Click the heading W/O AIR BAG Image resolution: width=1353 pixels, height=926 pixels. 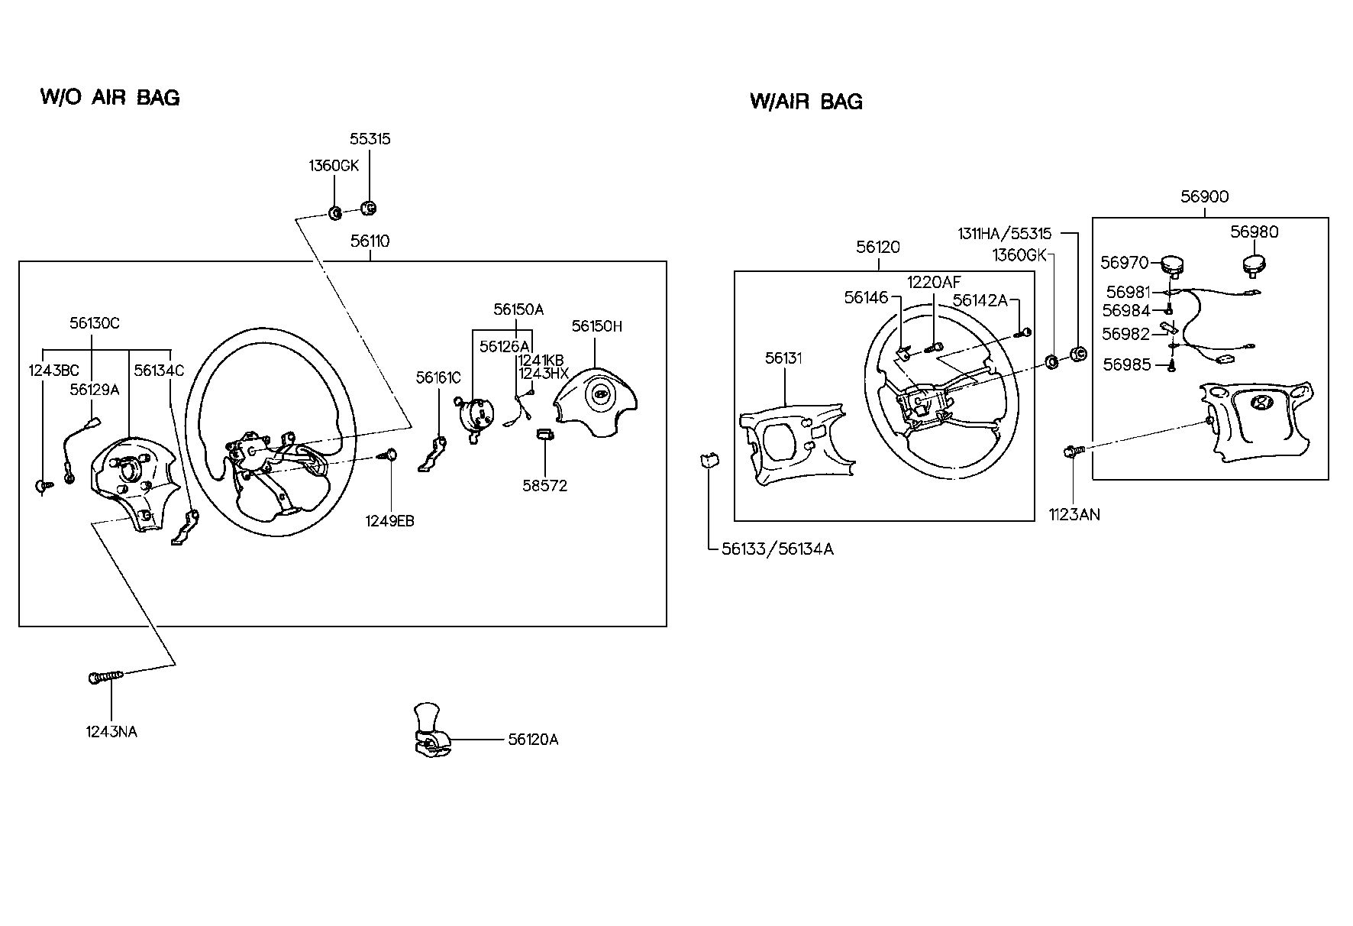point(110,97)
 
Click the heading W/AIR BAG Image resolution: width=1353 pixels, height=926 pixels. point(806,102)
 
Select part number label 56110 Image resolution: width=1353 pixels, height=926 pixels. point(370,241)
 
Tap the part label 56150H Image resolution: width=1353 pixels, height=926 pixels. point(597,326)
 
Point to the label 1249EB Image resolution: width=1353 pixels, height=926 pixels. point(389,521)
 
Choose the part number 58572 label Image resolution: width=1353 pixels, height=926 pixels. point(545,486)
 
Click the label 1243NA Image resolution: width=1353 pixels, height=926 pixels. point(111,732)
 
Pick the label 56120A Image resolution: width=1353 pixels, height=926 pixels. point(533,740)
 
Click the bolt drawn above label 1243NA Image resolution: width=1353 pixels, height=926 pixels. point(105,677)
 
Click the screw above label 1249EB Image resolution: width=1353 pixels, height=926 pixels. point(389,455)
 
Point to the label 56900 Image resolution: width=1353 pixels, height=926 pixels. point(1205,196)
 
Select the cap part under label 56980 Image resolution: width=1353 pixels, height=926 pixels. point(1254,266)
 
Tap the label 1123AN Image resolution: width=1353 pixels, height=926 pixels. point(1074,514)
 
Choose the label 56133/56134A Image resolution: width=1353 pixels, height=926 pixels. point(777,549)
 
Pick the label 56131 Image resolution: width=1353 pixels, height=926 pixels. point(784,358)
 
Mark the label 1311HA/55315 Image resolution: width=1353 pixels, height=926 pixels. point(1004,234)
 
